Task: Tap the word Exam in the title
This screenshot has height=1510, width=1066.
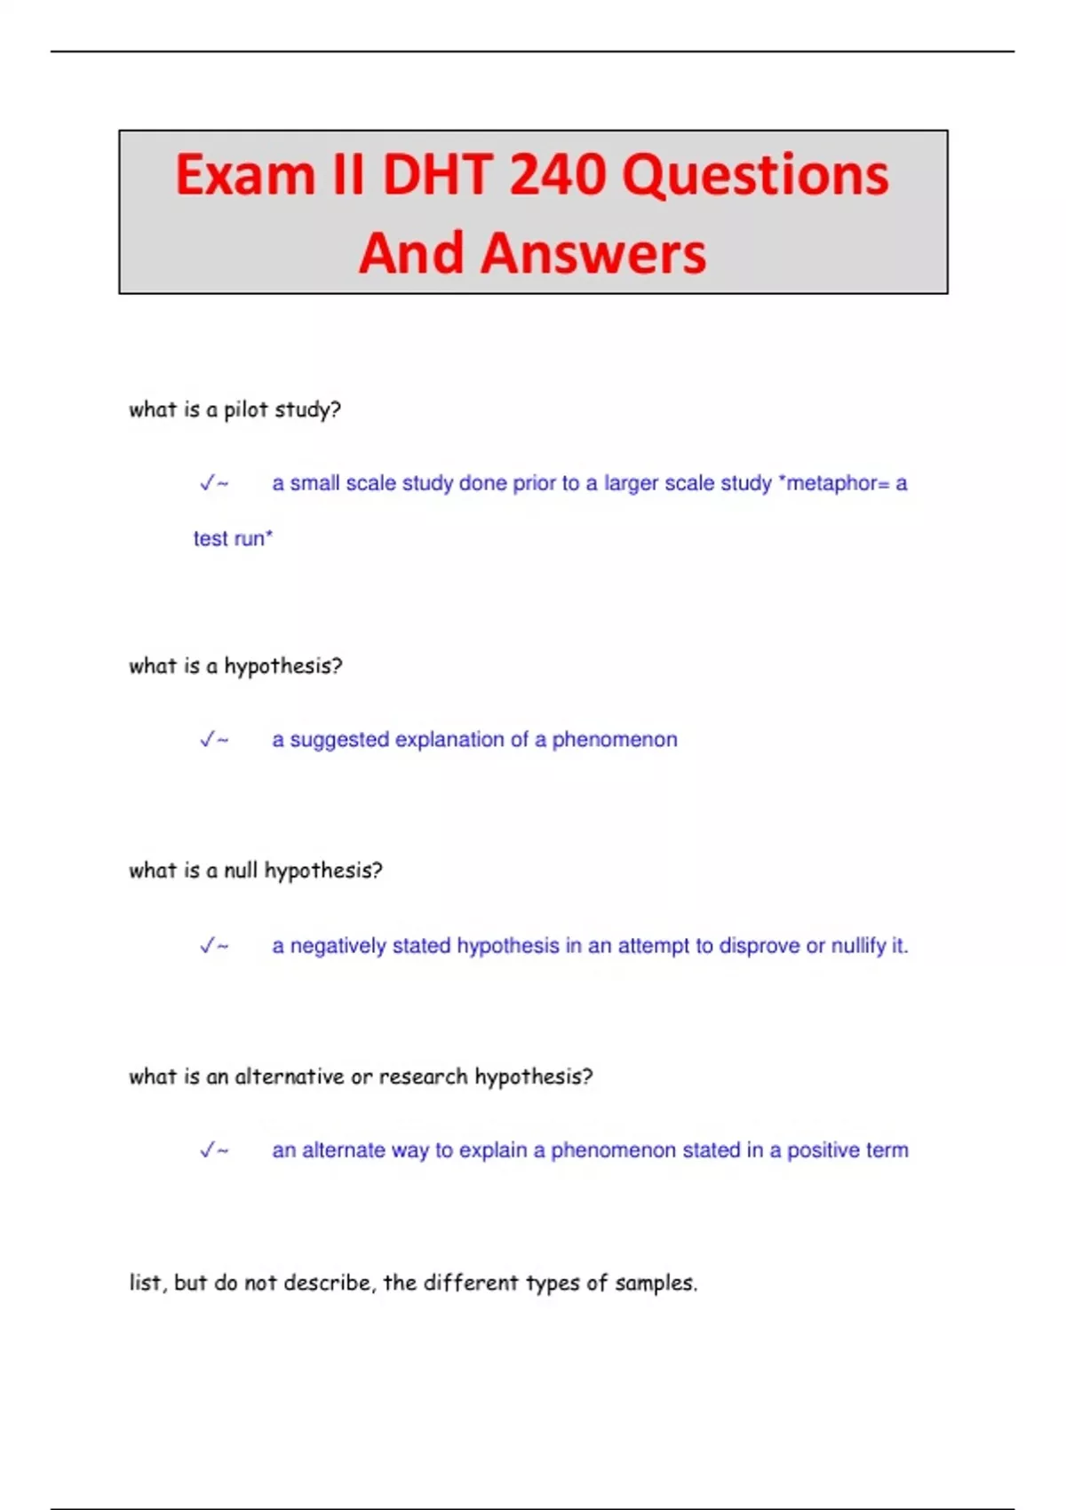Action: [x=245, y=174]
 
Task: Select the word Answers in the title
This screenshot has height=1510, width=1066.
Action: [x=593, y=253]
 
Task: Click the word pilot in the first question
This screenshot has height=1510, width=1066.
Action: [x=246, y=409]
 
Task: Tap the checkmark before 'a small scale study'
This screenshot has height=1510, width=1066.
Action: [x=208, y=483]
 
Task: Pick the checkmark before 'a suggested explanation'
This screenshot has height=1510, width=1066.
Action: [x=208, y=740]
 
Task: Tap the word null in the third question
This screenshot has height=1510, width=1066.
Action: [x=241, y=870]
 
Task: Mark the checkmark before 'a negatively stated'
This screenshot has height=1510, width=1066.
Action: [x=208, y=946]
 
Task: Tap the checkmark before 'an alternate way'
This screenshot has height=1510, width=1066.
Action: [x=208, y=1150]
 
